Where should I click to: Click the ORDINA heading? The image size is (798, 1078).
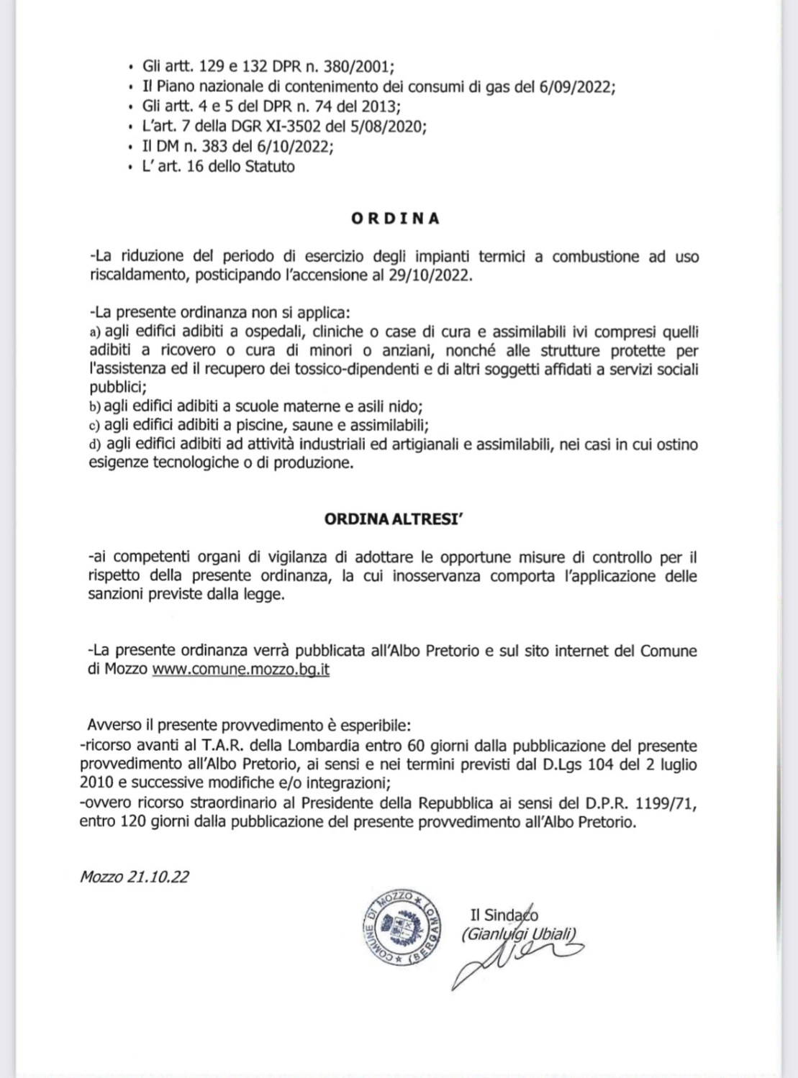(395, 219)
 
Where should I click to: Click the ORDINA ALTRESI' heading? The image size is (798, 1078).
(394, 519)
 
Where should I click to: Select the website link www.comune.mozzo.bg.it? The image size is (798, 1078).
(241, 670)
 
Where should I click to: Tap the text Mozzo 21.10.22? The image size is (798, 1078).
(135, 877)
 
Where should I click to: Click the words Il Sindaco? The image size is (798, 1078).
(504, 915)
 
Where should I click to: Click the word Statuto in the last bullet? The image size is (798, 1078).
(270, 167)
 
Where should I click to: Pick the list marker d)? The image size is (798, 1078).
(94, 444)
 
